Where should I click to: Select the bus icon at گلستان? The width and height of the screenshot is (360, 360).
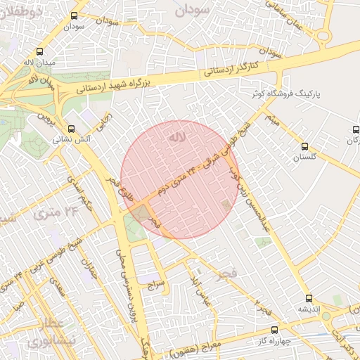[x=304, y=146]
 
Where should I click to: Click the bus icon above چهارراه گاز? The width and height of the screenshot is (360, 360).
[x=274, y=329]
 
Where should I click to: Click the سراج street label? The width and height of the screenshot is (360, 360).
[x=155, y=285]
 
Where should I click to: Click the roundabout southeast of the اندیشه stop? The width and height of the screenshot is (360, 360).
[x=326, y=316]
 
